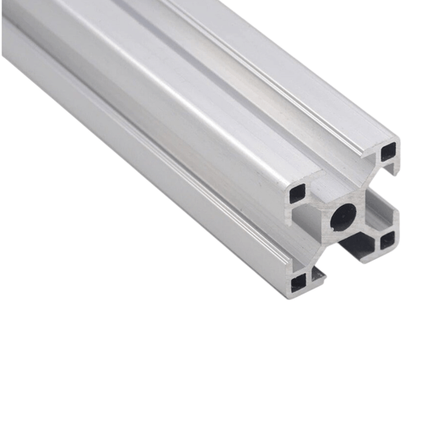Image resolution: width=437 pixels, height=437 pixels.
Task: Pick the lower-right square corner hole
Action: pos(387,240)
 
